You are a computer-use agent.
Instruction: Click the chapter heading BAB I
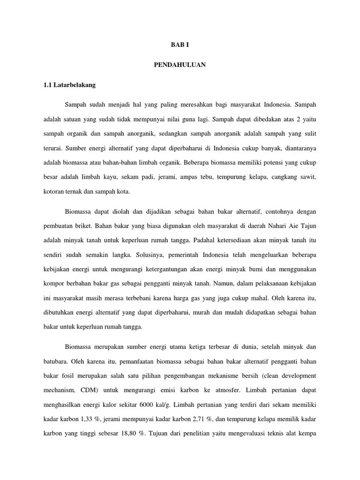[x=180, y=45]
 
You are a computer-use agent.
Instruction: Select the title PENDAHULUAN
[x=180, y=65]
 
